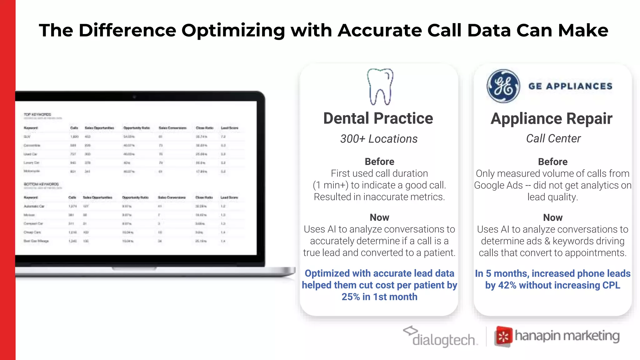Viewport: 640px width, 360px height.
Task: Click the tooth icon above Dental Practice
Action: [x=380, y=87]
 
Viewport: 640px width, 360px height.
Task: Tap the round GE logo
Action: [x=503, y=86]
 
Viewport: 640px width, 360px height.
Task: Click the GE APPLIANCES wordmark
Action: [x=570, y=86]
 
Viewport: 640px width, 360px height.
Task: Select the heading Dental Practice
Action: [x=378, y=118]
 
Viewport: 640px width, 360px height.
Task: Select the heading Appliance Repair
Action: [x=552, y=119]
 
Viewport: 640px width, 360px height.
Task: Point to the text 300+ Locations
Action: [x=379, y=139]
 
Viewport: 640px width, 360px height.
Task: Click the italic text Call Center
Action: [x=553, y=138]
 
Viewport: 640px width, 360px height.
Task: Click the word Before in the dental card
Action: [x=379, y=162]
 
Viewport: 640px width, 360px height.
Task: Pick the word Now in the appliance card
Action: [x=552, y=217]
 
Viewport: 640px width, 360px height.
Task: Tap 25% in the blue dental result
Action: [x=351, y=297]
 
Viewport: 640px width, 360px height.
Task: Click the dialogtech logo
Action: [x=441, y=337]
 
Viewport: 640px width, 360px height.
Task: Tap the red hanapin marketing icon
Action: [x=503, y=337]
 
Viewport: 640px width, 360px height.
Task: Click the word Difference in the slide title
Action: [x=127, y=31]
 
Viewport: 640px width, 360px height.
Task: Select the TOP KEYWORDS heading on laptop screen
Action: [x=37, y=115]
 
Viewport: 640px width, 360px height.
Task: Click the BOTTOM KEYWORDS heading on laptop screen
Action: [x=41, y=184]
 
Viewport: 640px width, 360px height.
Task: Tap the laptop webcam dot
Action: [x=134, y=97]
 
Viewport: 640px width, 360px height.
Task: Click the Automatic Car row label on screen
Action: [x=34, y=206]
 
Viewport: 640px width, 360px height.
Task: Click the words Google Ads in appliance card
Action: [x=498, y=185]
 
